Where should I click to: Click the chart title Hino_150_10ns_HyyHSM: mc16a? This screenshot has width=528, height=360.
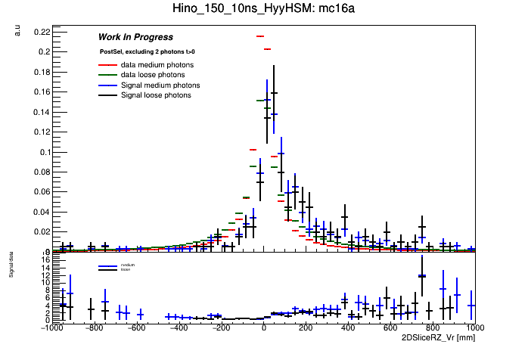coord(263,8)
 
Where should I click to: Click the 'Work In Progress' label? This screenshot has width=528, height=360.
coord(135,37)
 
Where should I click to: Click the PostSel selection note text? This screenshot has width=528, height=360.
coord(147,51)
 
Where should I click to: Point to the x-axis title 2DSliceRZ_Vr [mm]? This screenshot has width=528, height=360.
coord(439,337)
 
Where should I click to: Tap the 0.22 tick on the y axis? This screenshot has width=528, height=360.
coord(41,32)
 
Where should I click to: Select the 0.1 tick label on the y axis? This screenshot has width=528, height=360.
coord(43,152)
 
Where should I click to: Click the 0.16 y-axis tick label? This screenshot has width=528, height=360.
coord(41,92)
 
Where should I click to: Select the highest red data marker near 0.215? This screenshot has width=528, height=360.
coord(259,36)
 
